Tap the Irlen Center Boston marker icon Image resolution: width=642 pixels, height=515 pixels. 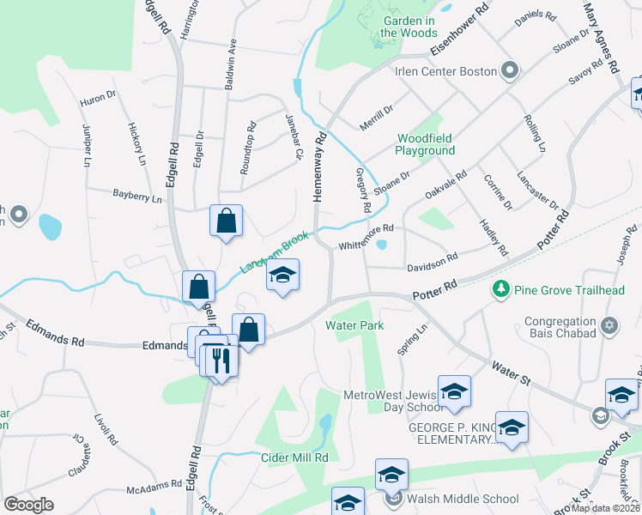[x=510, y=70]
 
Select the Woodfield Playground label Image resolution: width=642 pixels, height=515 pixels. [x=425, y=144]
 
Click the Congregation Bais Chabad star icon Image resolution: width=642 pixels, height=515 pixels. [x=610, y=326]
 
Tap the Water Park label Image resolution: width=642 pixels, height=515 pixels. [x=354, y=325]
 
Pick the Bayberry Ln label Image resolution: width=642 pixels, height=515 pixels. [x=137, y=197]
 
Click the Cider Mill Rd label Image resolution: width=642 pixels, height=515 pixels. [x=295, y=457]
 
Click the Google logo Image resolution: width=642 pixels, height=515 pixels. [x=28, y=505]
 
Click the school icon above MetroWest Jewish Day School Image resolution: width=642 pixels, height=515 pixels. [x=454, y=391]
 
